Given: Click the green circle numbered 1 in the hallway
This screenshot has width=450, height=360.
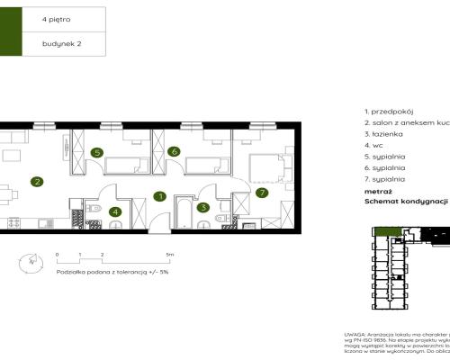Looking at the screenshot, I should tap(159, 195).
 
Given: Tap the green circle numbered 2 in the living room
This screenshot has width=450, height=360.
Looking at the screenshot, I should tap(37, 181).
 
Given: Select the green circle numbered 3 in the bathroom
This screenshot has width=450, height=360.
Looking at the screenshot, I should tap(204, 207).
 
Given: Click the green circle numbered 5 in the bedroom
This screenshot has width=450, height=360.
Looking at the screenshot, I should tap(96, 152).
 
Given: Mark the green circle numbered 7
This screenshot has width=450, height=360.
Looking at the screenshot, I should tap(262, 192).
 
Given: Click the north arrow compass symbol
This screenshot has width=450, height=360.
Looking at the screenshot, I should tap(32, 261).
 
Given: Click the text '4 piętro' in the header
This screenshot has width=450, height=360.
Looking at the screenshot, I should tap(54, 18).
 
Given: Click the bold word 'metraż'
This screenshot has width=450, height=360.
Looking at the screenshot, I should tap(377, 191).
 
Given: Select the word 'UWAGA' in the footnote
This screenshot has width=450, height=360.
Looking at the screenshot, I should tap(355, 333).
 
